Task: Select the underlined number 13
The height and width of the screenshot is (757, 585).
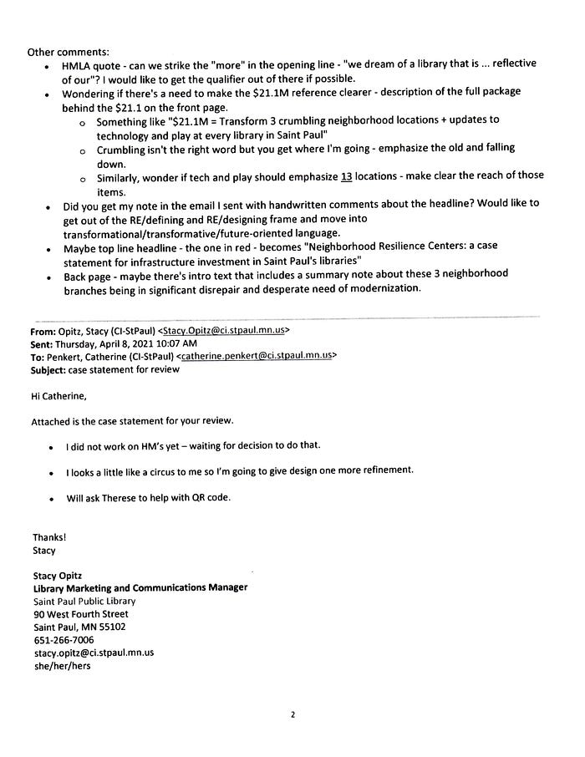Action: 347,176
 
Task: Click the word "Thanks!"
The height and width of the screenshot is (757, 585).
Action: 49,537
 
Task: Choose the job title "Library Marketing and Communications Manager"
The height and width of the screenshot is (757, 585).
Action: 140,587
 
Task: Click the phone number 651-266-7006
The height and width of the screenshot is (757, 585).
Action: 64,640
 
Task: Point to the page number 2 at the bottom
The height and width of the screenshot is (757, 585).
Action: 293,715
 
